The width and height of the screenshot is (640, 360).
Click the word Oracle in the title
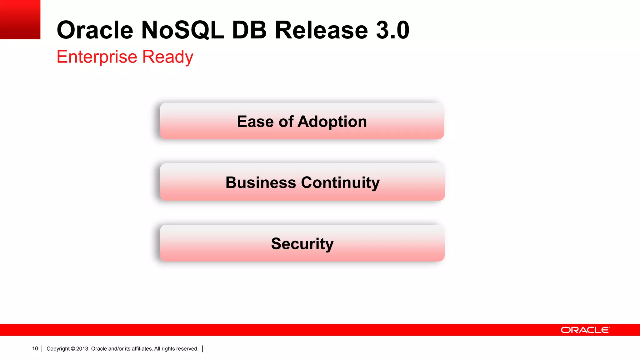[95, 30]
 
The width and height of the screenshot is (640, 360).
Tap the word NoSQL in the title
[183, 30]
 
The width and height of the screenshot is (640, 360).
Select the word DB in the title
[249, 30]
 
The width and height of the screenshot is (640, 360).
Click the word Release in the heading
[322, 30]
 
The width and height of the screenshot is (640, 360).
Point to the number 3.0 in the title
[392, 30]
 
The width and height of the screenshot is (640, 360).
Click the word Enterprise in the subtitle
[97, 57]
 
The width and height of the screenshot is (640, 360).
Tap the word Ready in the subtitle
[168, 57]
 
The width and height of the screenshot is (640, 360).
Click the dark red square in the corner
[20, 19]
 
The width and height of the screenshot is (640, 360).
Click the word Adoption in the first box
[332, 122]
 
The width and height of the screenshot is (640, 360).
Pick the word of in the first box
[286, 122]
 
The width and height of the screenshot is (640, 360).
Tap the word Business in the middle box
[261, 182]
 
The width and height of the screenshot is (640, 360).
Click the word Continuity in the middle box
[340, 182]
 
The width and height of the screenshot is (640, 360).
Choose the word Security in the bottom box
[302, 244]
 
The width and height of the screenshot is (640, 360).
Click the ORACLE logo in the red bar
[585, 330]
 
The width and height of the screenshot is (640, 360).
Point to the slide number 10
[35, 349]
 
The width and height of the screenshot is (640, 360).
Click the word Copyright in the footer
[58, 349]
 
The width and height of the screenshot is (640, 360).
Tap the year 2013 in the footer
[82, 349]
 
